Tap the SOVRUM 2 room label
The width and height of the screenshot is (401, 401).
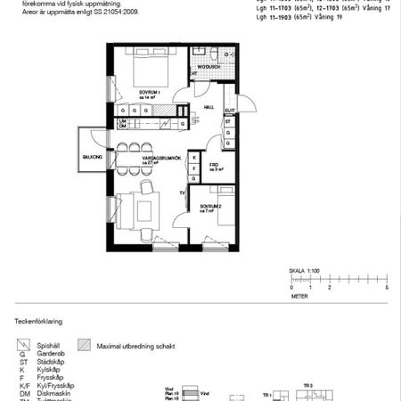(209, 209)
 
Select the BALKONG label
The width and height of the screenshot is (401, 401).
(94, 157)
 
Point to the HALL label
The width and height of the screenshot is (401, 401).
(209, 107)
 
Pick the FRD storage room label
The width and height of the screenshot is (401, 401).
(215, 165)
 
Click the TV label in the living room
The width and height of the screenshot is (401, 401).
(182, 192)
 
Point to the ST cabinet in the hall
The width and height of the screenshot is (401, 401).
(228, 121)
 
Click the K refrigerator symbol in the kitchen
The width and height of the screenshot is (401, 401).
(193, 157)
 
